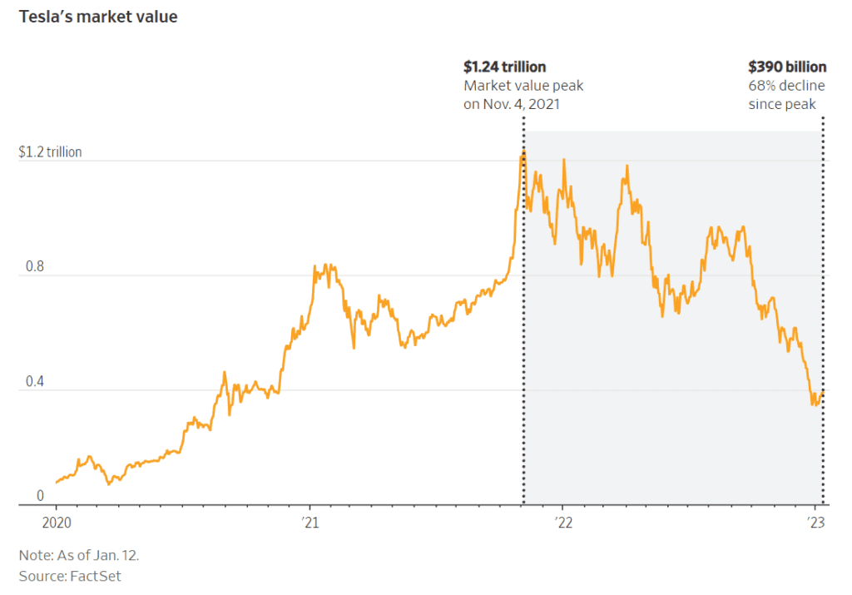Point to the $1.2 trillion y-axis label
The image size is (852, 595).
click(50, 152)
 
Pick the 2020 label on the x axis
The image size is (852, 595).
click(57, 523)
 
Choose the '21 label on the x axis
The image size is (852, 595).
click(310, 523)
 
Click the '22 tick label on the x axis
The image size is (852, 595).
click(563, 523)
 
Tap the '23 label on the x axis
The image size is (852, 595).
click(816, 523)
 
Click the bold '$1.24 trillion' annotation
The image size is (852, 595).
click(504, 67)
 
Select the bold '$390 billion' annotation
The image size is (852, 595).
click(787, 67)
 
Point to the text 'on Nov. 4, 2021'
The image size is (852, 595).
click(512, 104)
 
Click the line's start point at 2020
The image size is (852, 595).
click(57, 482)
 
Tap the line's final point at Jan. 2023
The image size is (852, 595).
click(823, 392)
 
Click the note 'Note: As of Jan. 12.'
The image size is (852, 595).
click(73, 554)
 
